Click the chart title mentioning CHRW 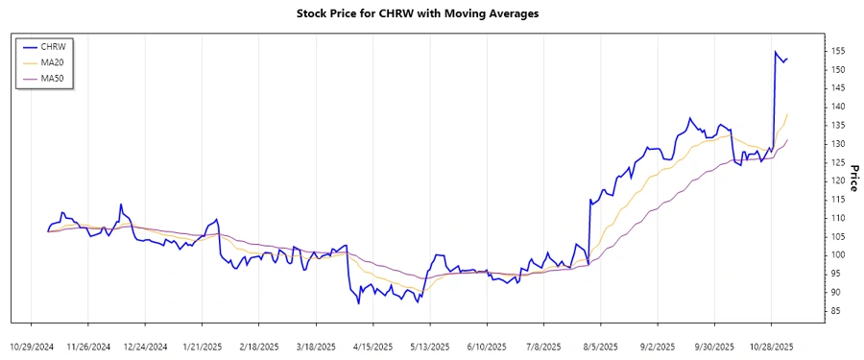[431, 14]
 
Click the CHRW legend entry [65, 46]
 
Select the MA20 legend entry [65, 61]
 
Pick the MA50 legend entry [65, 78]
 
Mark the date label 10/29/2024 [34, 346]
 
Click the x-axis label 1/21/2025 [202, 346]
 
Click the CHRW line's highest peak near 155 [775, 52]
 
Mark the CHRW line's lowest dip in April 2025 [359, 303]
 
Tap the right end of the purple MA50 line [788, 140]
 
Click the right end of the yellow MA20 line [788, 114]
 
